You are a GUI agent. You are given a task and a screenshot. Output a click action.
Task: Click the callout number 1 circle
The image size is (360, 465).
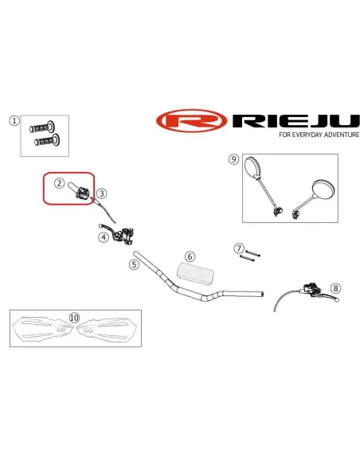click(x=14, y=121)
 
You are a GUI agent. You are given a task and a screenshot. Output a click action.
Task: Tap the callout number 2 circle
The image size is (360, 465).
click(x=59, y=183)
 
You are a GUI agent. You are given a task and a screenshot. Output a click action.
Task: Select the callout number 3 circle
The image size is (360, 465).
click(x=101, y=193)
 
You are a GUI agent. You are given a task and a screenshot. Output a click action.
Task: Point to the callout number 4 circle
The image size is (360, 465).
click(x=104, y=237)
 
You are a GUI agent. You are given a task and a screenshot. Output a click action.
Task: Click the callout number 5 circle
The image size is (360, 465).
click(x=135, y=264)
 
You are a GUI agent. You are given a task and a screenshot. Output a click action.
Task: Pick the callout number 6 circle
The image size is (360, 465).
click(x=190, y=256)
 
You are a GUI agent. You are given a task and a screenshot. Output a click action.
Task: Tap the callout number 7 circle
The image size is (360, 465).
click(x=239, y=248)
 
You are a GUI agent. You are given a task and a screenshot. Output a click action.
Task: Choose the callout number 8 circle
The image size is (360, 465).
click(x=335, y=288)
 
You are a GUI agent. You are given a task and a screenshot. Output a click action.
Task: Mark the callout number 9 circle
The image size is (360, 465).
click(x=233, y=159)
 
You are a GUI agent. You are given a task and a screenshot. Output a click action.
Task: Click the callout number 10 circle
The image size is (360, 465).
click(x=74, y=318)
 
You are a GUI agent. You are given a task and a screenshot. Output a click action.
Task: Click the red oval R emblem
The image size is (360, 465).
click(x=192, y=121)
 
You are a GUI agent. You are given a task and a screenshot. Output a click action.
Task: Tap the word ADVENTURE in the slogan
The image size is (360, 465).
click(x=342, y=135)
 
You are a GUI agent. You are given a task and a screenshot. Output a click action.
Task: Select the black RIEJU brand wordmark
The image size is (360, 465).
click(x=295, y=120)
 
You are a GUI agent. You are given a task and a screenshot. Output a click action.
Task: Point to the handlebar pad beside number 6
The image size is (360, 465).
click(x=196, y=274)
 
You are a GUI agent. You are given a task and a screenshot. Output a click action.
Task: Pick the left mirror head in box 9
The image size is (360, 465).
click(x=252, y=167)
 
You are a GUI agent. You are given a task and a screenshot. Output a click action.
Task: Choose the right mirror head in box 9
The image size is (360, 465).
click(x=323, y=190)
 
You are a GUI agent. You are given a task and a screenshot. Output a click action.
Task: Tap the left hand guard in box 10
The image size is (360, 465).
click(x=43, y=330)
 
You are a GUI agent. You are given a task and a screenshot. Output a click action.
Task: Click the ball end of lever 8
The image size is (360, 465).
click(x=337, y=300)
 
